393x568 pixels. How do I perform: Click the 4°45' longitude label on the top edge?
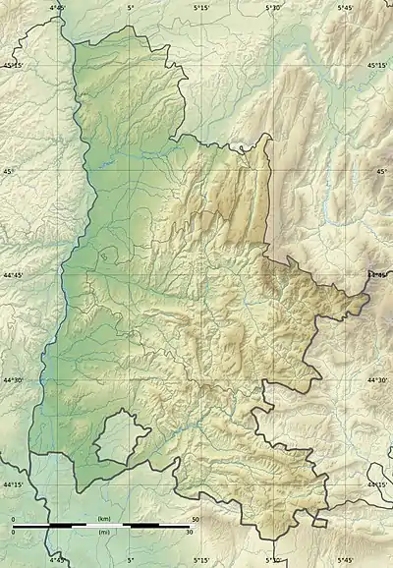click(58, 7)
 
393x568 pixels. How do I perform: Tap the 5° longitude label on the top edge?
click(131, 7)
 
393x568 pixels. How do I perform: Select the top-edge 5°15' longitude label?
click(201, 7)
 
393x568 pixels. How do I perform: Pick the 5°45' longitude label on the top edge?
click(345, 7)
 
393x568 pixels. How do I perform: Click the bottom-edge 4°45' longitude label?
click(58, 561)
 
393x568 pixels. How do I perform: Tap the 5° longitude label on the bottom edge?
click(131, 561)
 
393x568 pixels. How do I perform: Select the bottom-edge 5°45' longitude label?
click(345, 561)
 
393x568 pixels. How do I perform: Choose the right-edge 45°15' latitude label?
click(379, 66)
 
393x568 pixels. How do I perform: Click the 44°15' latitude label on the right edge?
click(379, 484)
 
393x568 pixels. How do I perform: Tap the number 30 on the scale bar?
click(190, 533)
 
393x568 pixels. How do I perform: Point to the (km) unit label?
click(103, 518)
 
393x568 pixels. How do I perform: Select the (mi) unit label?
click(103, 533)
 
